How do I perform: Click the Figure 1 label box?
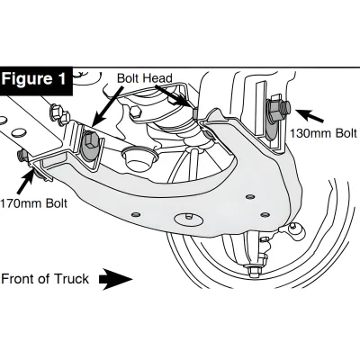tap(35, 78)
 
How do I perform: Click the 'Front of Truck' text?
tap(45, 279)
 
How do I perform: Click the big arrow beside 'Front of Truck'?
tap(115, 279)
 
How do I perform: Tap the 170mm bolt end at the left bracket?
tap(21, 156)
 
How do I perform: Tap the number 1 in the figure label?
tap(62, 78)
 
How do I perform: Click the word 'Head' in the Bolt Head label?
tap(162, 79)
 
